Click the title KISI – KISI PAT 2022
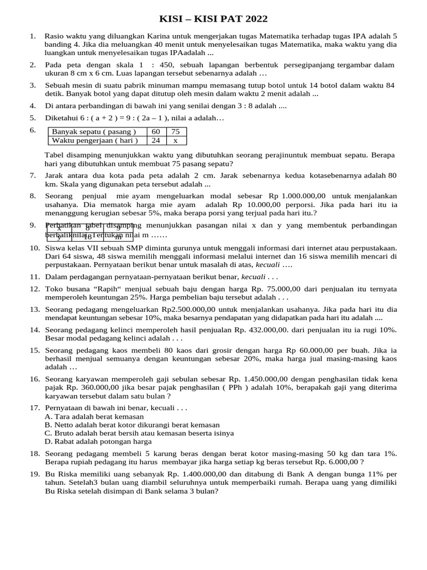tap(213, 19)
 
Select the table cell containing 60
tap(155, 131)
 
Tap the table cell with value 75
tap(175, 131)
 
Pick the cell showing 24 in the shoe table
tap(155, 140)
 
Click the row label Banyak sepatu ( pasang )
tap(93, 131)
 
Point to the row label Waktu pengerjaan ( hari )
tap(95, 140)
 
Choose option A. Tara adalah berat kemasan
tap(94, 416)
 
